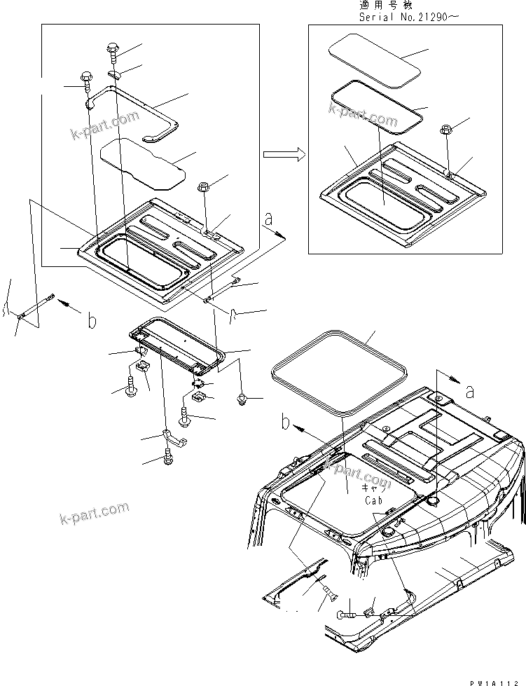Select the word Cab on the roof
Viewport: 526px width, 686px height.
[373, 501]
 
